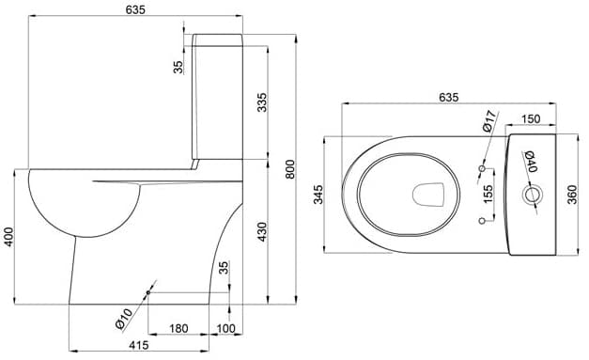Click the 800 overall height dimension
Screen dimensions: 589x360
pos(290,169)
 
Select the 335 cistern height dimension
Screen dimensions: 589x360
pos(262,102)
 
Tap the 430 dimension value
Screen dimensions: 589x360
pos(262,232)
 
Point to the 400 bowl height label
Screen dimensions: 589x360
pos(8,237)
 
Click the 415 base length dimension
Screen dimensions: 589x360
pos(139,345)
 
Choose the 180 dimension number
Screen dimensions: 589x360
pos(178,328)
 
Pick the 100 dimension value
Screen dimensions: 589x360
pos(225,328)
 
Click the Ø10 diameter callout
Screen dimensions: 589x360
pos(124,319)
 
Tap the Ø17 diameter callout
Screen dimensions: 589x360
pos(489,121)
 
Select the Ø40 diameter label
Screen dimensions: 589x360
pos(530,162)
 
